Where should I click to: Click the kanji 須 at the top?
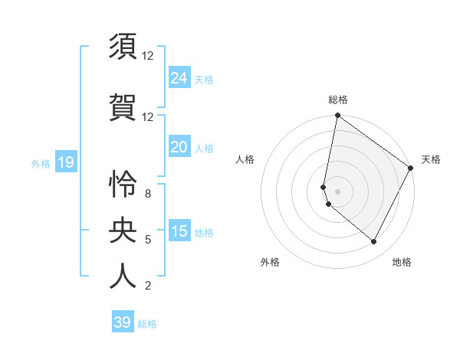[123, 47]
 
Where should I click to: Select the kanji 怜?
[123, 185]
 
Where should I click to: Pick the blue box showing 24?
[179, 77]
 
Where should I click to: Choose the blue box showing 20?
[179, 147]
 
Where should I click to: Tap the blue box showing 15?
[179, 231]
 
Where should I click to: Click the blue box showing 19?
[65, 162]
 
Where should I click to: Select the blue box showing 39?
[123, 322]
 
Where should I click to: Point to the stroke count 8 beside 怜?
[147, 194]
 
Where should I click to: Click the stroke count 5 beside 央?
[147, 240]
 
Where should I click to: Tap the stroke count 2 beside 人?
[147, 286]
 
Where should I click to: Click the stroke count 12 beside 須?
[147, 56]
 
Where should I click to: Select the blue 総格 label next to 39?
[147, 324]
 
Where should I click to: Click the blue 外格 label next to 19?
[41, 163]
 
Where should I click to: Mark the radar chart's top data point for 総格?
[337, 116]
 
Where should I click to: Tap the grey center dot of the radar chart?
[337, 191]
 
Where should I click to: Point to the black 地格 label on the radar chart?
[402, 262]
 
